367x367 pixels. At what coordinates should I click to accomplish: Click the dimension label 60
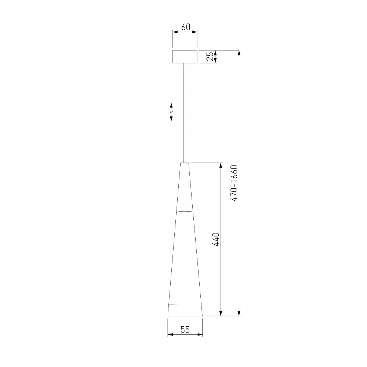(x=186, y=27)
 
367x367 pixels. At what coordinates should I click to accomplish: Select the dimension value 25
(x=210, y=57)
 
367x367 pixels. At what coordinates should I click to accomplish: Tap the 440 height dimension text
(x=215, y=239)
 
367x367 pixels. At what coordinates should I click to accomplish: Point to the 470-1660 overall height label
(x=234, y=183)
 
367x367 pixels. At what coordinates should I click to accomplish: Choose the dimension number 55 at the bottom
(x=185, y=330)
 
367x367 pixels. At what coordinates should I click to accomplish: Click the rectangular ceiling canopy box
(x=185, y=57)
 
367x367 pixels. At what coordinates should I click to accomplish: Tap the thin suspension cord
(x=185, y=113)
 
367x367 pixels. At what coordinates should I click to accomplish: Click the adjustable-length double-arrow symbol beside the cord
(x=171, y=112)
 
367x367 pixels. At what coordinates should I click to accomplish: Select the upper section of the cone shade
(x=185, y=187)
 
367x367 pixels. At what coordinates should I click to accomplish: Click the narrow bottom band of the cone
(x=185, y=310)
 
